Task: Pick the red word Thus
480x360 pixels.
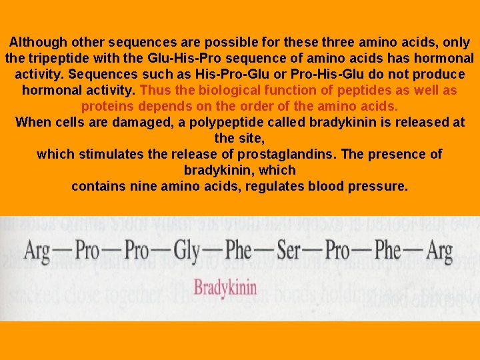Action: coord(155,90)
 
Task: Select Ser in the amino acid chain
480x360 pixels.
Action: coord(289,251)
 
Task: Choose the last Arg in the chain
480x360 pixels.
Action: coord(439,251)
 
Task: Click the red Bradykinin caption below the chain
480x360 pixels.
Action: coord(225,288)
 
